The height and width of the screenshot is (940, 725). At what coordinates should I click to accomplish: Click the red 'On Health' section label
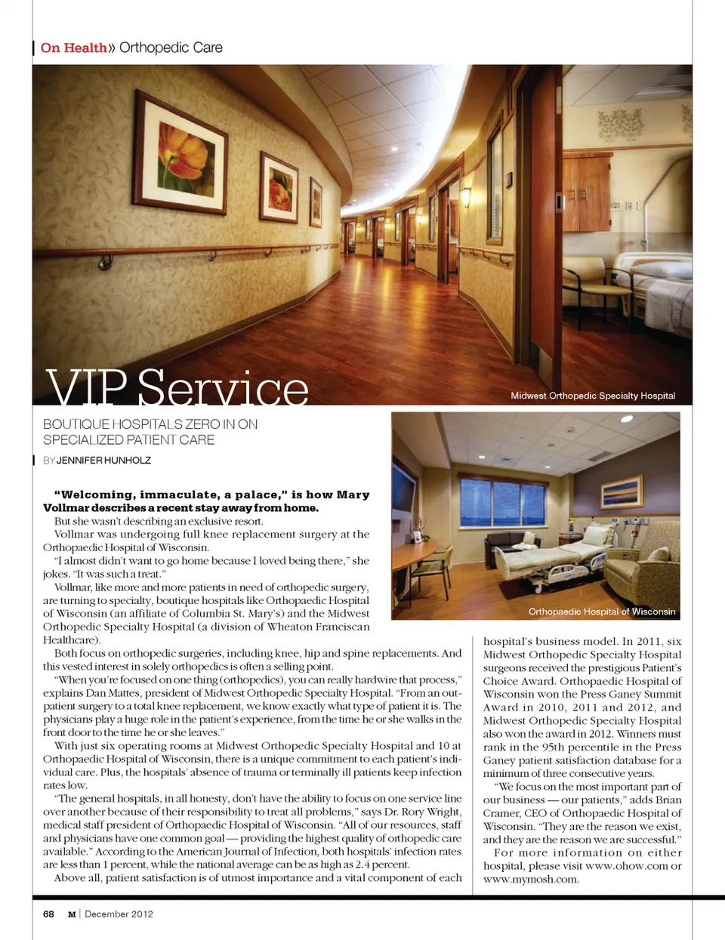point(73,48)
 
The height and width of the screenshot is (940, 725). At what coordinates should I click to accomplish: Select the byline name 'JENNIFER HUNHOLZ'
point(103,460)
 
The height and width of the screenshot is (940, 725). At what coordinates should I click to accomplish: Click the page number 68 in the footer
point(48,914)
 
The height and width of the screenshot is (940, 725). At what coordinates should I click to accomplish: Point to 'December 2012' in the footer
point(119,914)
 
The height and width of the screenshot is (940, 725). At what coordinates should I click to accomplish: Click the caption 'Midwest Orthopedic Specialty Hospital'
point(593,396)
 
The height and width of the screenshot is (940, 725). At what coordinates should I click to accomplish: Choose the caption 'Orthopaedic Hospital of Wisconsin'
point(602,612)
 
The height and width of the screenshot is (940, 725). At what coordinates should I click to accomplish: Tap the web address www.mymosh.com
point(531,879)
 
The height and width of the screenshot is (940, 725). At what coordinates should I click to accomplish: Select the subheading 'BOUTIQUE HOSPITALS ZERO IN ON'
point(150,424)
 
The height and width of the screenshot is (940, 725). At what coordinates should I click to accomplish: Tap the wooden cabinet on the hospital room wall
point(585,193)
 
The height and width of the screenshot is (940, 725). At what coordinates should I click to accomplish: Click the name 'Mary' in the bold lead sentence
point(353,495)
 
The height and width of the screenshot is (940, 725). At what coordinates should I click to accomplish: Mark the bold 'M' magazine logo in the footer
point(72,914)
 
